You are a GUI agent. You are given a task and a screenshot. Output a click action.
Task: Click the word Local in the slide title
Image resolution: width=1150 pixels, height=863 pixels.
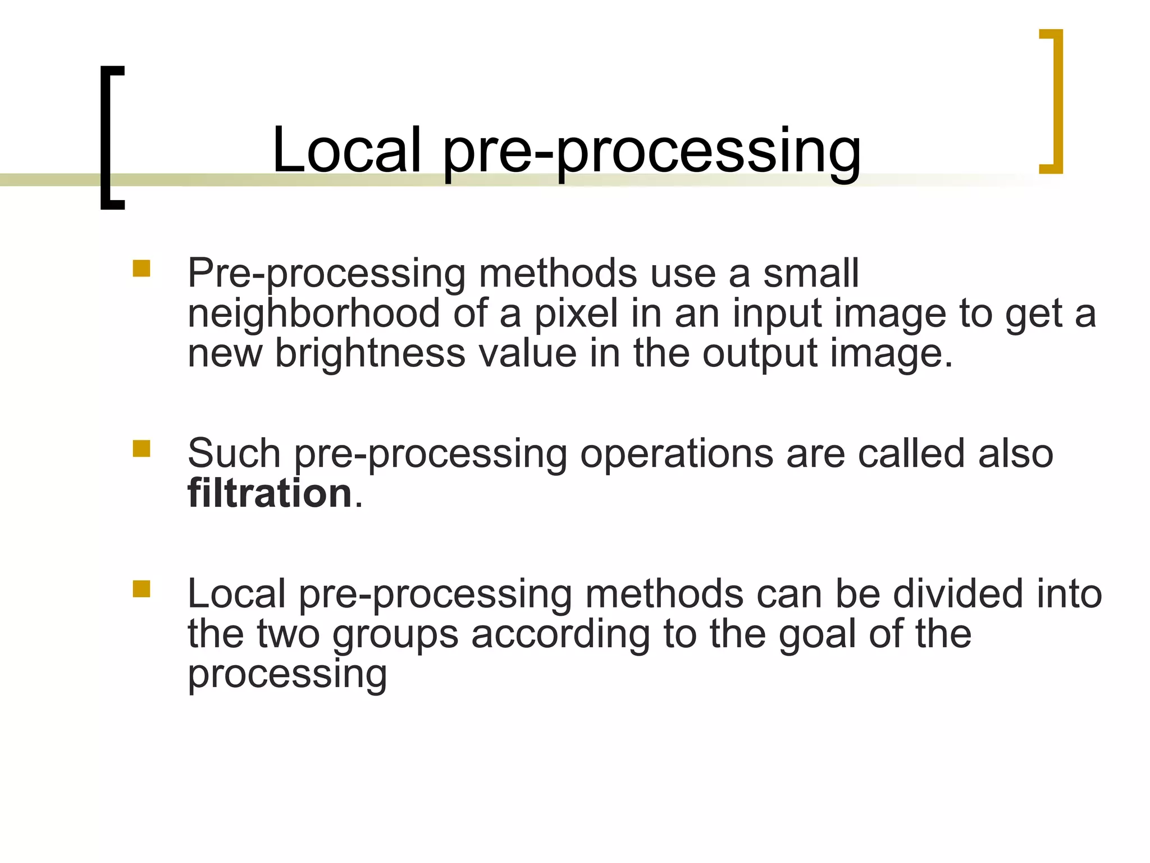346,150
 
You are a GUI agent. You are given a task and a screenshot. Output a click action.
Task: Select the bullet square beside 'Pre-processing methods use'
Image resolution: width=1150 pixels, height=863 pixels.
142,268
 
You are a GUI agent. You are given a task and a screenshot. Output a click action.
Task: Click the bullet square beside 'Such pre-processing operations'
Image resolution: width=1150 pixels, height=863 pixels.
142,448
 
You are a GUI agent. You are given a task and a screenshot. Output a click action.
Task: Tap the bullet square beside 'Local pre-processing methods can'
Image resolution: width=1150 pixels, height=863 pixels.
142,589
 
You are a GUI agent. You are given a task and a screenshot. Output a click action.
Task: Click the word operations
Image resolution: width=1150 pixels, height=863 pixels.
677,453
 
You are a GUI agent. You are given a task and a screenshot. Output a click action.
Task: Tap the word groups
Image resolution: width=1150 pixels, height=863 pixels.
395,635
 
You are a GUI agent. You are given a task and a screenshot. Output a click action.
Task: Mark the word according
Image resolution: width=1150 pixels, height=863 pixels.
560,635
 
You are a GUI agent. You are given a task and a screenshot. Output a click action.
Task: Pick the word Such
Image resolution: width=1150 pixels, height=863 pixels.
234,453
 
